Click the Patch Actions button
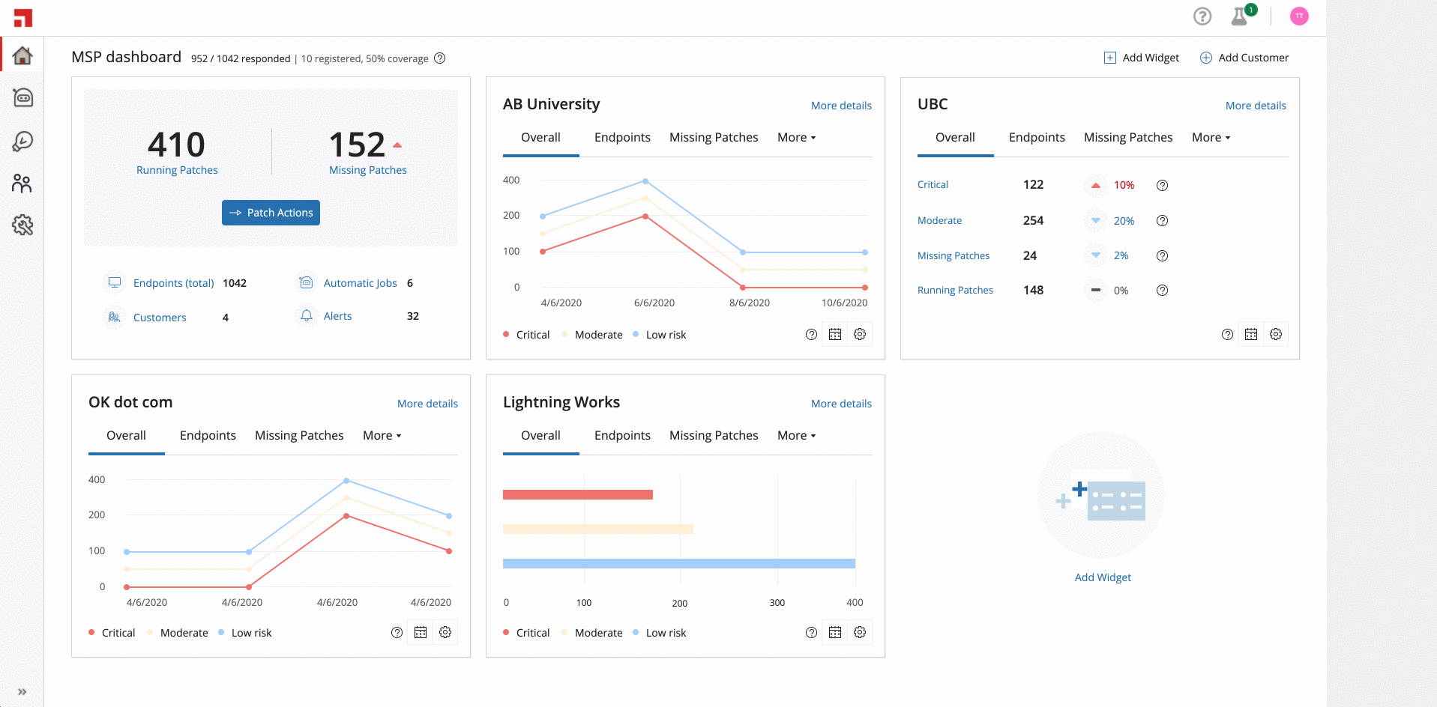(x=271, y=213)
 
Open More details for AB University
(x=841, y=106)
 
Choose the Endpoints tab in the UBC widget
(x=1037, y=137)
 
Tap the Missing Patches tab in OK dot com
(x=299, y=435)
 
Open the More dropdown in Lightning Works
(x=796, y=435)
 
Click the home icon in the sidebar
(x=22, y=55)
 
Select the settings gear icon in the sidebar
(x=22, y=225)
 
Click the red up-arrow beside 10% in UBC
(x=1096, y=185)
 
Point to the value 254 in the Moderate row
(x=1033, y=220)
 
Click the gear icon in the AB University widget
(x=860, y=334)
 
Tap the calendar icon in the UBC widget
(x=1251, y=334)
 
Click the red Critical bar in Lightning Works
(x=578, y=494)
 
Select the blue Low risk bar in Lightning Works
(x=679, y=564)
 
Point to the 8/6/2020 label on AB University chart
(x=750, y=303)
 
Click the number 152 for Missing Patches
(x=357, y=145)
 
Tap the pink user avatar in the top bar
(x=1299, y=16)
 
